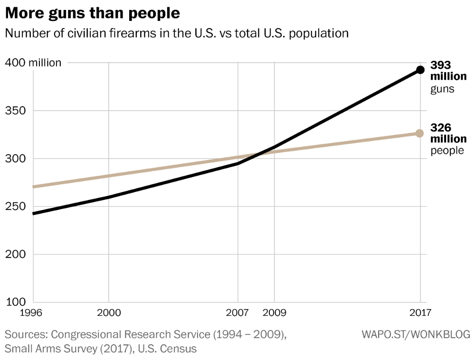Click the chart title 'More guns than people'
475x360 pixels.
93,13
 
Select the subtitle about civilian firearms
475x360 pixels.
177,34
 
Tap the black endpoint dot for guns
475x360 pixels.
420,70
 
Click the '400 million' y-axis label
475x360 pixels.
33,63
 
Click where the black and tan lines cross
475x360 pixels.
257,154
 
